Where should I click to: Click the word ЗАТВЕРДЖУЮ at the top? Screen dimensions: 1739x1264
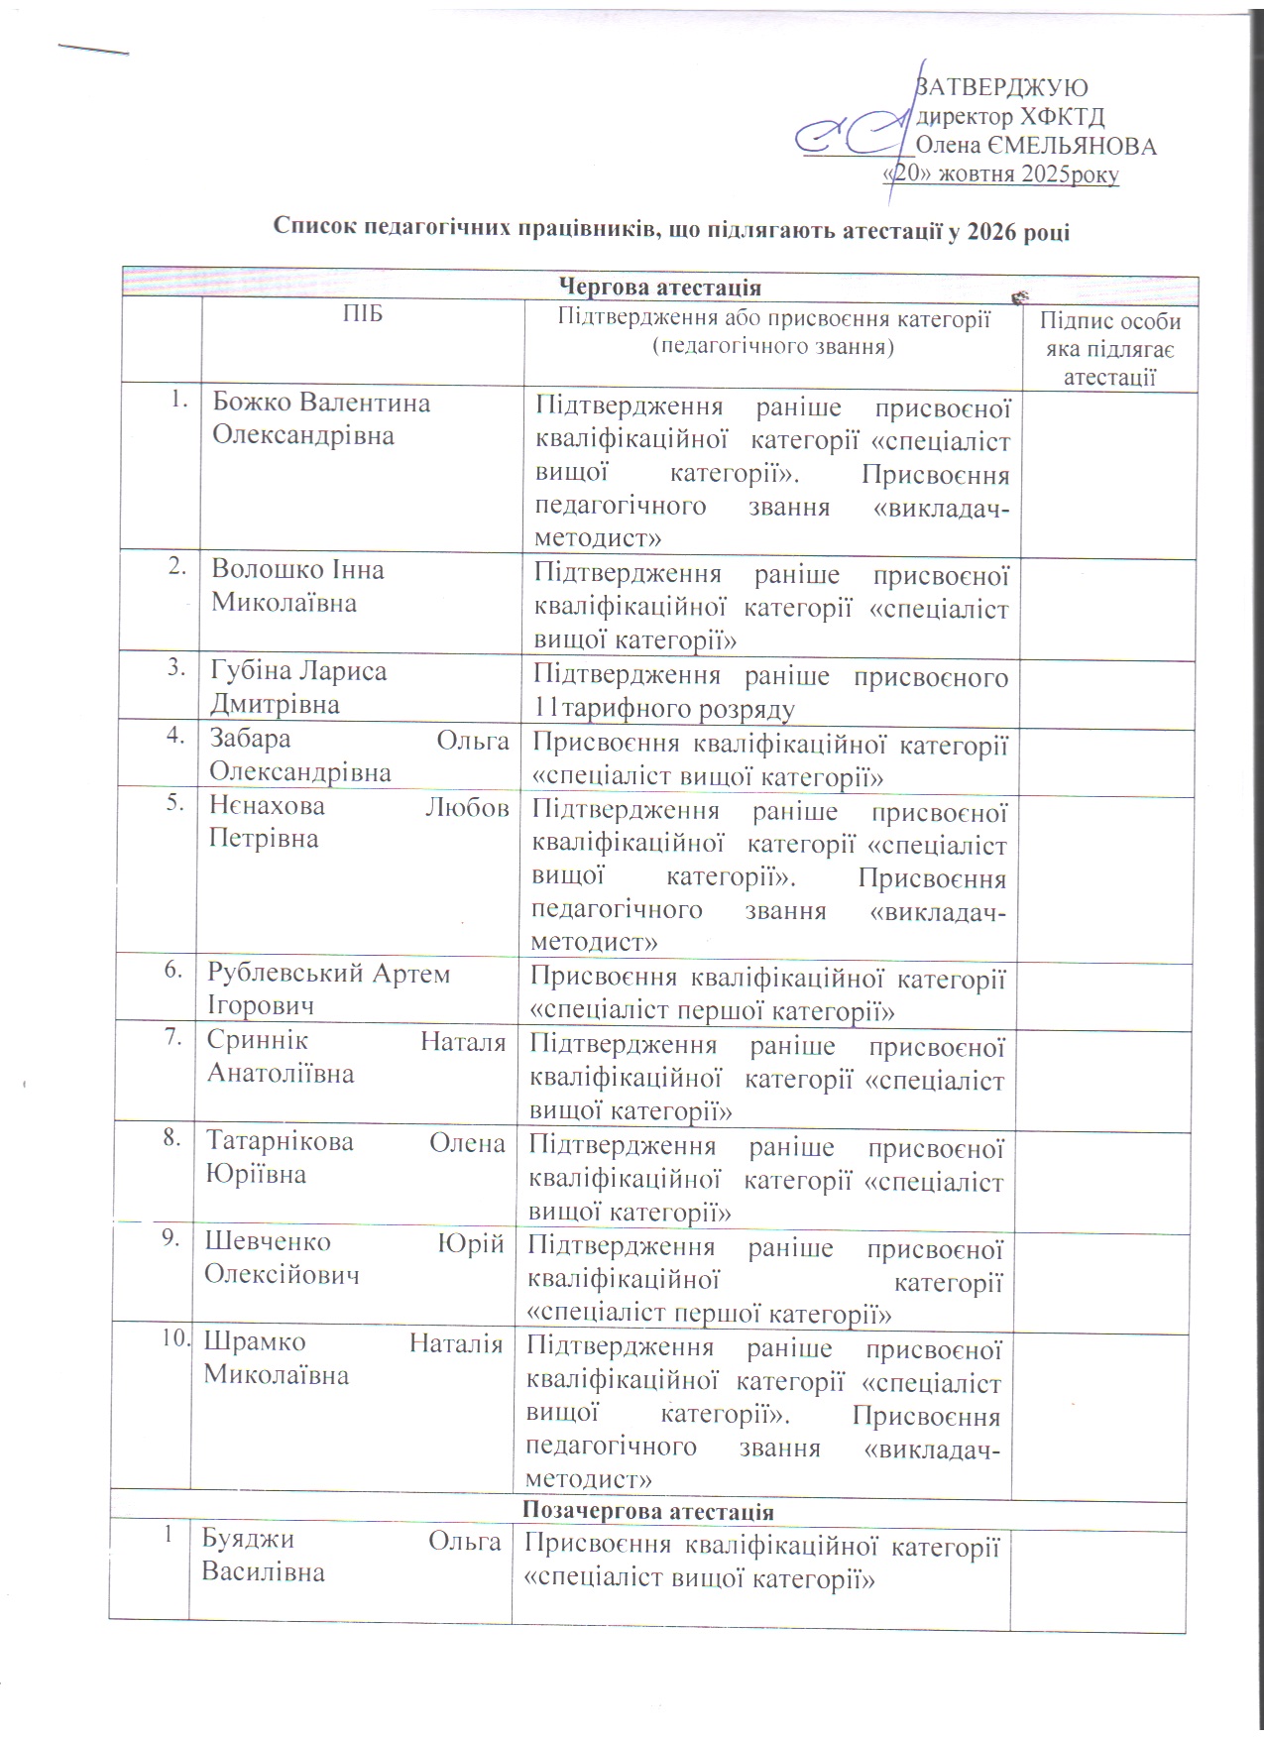[x=1002, y=87]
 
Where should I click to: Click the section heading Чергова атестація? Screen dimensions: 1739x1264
[x=660, y=288]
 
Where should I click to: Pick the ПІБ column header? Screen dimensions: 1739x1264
[x=363, y=315]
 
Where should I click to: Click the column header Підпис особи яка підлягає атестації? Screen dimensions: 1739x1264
[x=1109, y=349]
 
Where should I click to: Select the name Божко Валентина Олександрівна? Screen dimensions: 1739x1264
[x=321, y=419]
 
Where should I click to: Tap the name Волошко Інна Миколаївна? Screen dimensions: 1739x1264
[x=297, y=586]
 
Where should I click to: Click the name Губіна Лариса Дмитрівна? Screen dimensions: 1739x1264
[x=298, y=687]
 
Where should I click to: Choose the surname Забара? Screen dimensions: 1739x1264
[x=250, y=740]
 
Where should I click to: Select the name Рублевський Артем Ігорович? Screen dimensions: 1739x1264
[x=328, y=989]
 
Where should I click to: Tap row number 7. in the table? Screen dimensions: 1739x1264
[x=174, y=1038]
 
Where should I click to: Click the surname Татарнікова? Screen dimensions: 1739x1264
[x=280, y=1142]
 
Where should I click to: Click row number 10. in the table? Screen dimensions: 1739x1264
[x=176, y=1338]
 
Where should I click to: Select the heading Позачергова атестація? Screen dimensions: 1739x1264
[x=647, y=1512]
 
